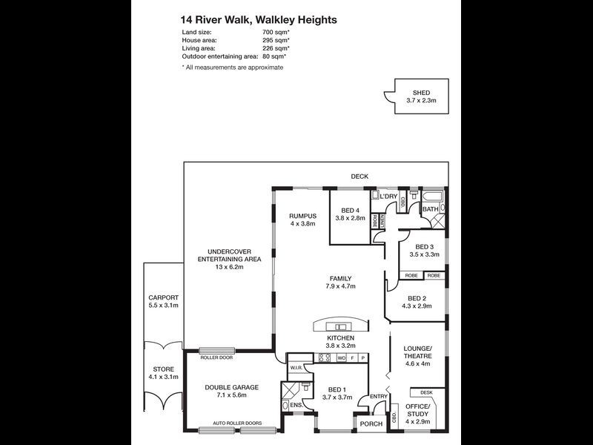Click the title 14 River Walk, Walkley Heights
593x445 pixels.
(259, 20)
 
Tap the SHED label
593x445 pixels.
(421, 93)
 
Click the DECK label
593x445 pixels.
(360, 176)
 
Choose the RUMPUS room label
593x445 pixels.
(302, 216)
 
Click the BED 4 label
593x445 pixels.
(351, 211)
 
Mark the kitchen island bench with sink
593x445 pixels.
(342, 326)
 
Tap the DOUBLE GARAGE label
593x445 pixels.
(231, 387)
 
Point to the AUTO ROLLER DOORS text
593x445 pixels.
(237, 424)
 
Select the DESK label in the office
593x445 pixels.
(425, 392)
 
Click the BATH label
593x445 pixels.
(431, 209)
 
